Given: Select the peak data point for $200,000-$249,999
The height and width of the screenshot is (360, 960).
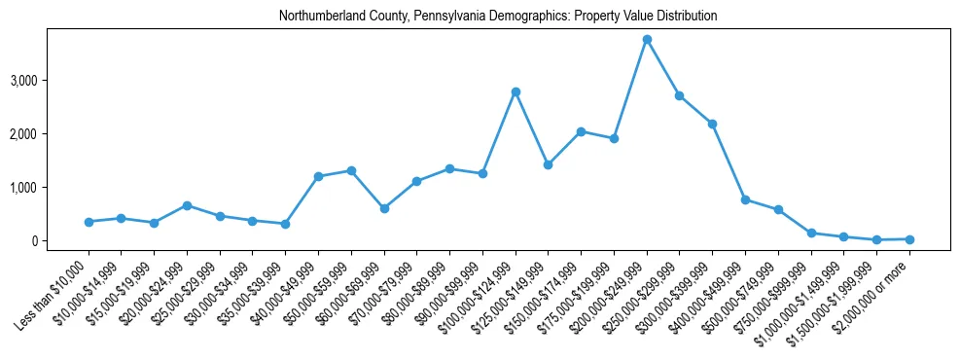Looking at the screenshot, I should pos(647,39).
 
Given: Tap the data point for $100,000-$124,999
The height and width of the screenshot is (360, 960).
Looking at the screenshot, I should pos(516,91).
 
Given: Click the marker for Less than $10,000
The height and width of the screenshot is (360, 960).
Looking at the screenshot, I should pos(89,222).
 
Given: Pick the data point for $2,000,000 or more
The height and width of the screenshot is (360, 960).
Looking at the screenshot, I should pos(909,238).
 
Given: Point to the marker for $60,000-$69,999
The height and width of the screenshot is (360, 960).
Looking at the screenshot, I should pos(384,208).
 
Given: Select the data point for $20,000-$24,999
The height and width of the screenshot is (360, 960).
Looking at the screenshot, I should pos(187,205).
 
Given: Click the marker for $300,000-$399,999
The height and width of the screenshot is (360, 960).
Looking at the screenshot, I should pos(712,124).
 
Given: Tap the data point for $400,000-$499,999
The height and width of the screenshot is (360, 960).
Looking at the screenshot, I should pos(745,199).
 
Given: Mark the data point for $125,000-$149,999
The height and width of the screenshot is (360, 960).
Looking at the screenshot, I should pos(548,164).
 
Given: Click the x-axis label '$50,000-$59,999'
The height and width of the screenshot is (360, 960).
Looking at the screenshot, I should pos(316,288).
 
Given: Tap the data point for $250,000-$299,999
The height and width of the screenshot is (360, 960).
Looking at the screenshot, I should pos(679,95).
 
